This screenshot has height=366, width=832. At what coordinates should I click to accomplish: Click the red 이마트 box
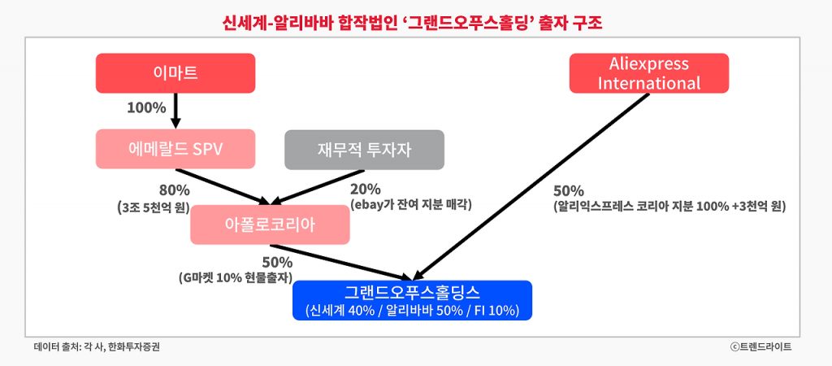175,73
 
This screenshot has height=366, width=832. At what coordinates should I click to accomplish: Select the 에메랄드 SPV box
175,149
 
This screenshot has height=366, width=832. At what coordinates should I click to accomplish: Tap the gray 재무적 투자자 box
364,149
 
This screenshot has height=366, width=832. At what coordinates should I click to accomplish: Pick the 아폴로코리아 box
270,224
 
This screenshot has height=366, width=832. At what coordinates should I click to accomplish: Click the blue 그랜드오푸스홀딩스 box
413,300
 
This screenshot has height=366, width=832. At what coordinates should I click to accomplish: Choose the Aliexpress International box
648,73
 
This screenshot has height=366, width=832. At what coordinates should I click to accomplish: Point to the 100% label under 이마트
146,107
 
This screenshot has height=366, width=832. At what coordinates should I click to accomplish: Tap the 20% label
365,190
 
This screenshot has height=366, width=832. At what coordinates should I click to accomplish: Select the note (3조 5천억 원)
154,207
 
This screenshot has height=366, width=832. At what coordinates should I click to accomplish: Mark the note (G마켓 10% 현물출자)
236,278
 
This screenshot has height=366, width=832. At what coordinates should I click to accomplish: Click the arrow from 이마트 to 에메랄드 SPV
175,110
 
